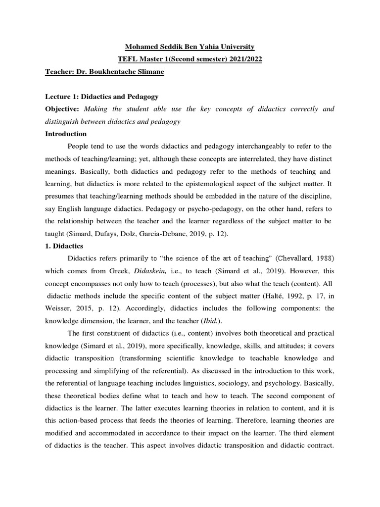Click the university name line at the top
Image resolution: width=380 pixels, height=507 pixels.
tap(190, 47)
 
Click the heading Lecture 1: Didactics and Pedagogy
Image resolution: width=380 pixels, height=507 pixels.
tap(102, 97)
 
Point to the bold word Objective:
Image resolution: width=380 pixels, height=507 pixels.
tap(63, 109)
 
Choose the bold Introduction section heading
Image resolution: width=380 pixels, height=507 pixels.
tap(66, 134)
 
